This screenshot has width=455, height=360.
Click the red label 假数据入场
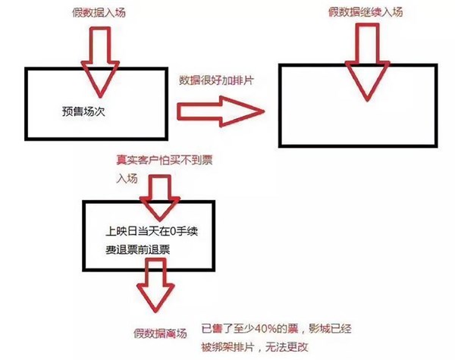[x=93, y=12]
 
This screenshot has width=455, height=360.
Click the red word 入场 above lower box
[x=127, y=180]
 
